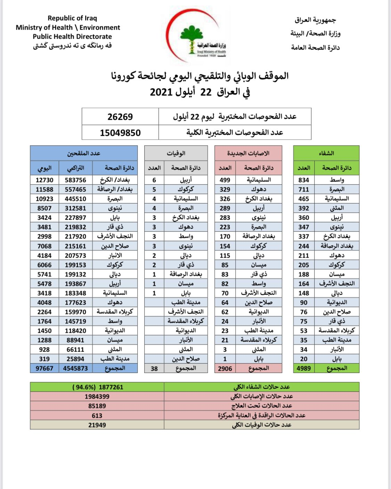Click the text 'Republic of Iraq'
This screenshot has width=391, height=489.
coord(72,18)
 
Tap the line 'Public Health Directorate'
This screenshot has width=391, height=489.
coord(72,37)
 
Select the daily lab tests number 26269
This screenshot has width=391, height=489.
coord(120,117)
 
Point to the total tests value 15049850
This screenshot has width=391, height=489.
coord(120,133)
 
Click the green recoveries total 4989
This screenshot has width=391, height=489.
coord(303,368)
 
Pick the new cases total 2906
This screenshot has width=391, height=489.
coord(225,368)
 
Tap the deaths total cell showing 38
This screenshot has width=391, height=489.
coord(154,368)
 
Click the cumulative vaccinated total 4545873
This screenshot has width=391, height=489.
coord(75,368)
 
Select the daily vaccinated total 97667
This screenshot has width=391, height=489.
coord(44,368)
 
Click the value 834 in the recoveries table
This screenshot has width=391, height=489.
coord(303,180)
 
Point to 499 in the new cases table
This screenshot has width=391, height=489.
coord(225,180)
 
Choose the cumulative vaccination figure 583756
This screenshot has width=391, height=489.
coord(75,180)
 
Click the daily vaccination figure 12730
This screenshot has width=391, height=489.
coord(44,180)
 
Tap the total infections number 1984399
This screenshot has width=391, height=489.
coord(97,396)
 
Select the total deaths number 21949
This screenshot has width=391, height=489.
coord(97,425)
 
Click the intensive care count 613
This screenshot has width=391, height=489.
coord(97,416)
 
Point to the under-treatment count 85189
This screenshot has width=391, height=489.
coord(97,406)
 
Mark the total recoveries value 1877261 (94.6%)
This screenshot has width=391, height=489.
coord(98,387)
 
